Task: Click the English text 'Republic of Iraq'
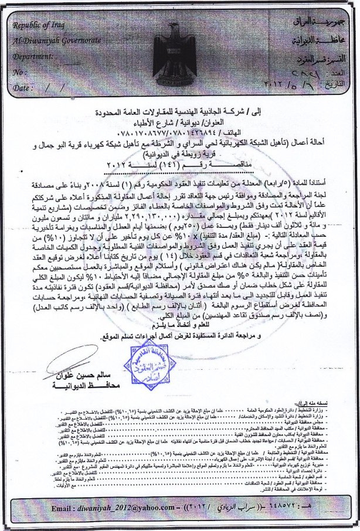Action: click(39, 26)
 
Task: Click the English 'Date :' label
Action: click(23, 87)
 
